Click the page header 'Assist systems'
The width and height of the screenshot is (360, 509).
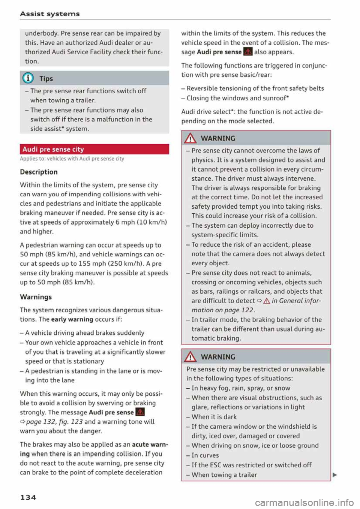coord(50,14)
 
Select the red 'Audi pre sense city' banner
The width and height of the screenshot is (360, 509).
coord(94,149)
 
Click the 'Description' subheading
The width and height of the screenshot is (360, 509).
coord(39,172)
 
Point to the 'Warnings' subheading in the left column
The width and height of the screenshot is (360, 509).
coord(36,297)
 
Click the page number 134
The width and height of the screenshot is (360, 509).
coord(28,497)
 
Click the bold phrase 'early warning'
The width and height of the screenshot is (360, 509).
coord(72,319)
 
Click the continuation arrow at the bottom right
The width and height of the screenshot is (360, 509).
coord(334,475)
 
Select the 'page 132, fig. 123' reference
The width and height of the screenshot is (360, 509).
coord(54,422)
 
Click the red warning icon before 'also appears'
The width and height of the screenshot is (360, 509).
coord(247,52)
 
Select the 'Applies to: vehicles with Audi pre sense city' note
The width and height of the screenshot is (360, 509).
coord(72,159)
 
